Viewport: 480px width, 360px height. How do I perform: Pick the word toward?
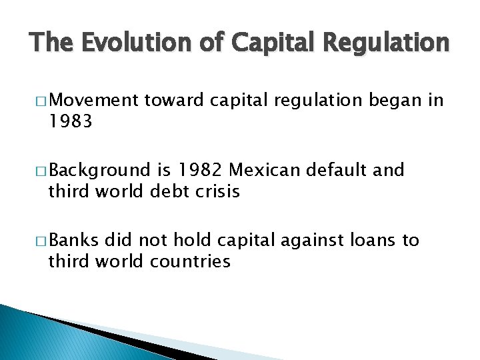[175, 100]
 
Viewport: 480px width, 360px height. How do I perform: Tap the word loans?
[376, 240]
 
